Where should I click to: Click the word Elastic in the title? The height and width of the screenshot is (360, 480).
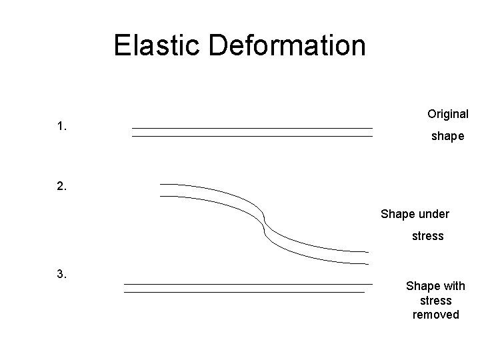[x=157, y=46]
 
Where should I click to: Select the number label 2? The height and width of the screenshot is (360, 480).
[x=62, y=187]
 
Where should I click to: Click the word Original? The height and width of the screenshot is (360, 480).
[x=447, y=114]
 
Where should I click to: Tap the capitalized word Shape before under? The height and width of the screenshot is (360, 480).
[x=397, y=214]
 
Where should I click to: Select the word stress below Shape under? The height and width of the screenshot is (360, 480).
[x=427, y=236]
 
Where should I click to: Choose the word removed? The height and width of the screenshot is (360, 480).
[x=436, y=314]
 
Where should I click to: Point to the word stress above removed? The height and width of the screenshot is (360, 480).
[x=436, y=300]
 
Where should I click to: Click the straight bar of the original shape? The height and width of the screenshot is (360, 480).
[x=252, y=132]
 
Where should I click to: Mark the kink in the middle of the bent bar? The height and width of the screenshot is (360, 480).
[x=265, y=222]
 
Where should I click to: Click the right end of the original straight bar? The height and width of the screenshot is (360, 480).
[x=370, y=132]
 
